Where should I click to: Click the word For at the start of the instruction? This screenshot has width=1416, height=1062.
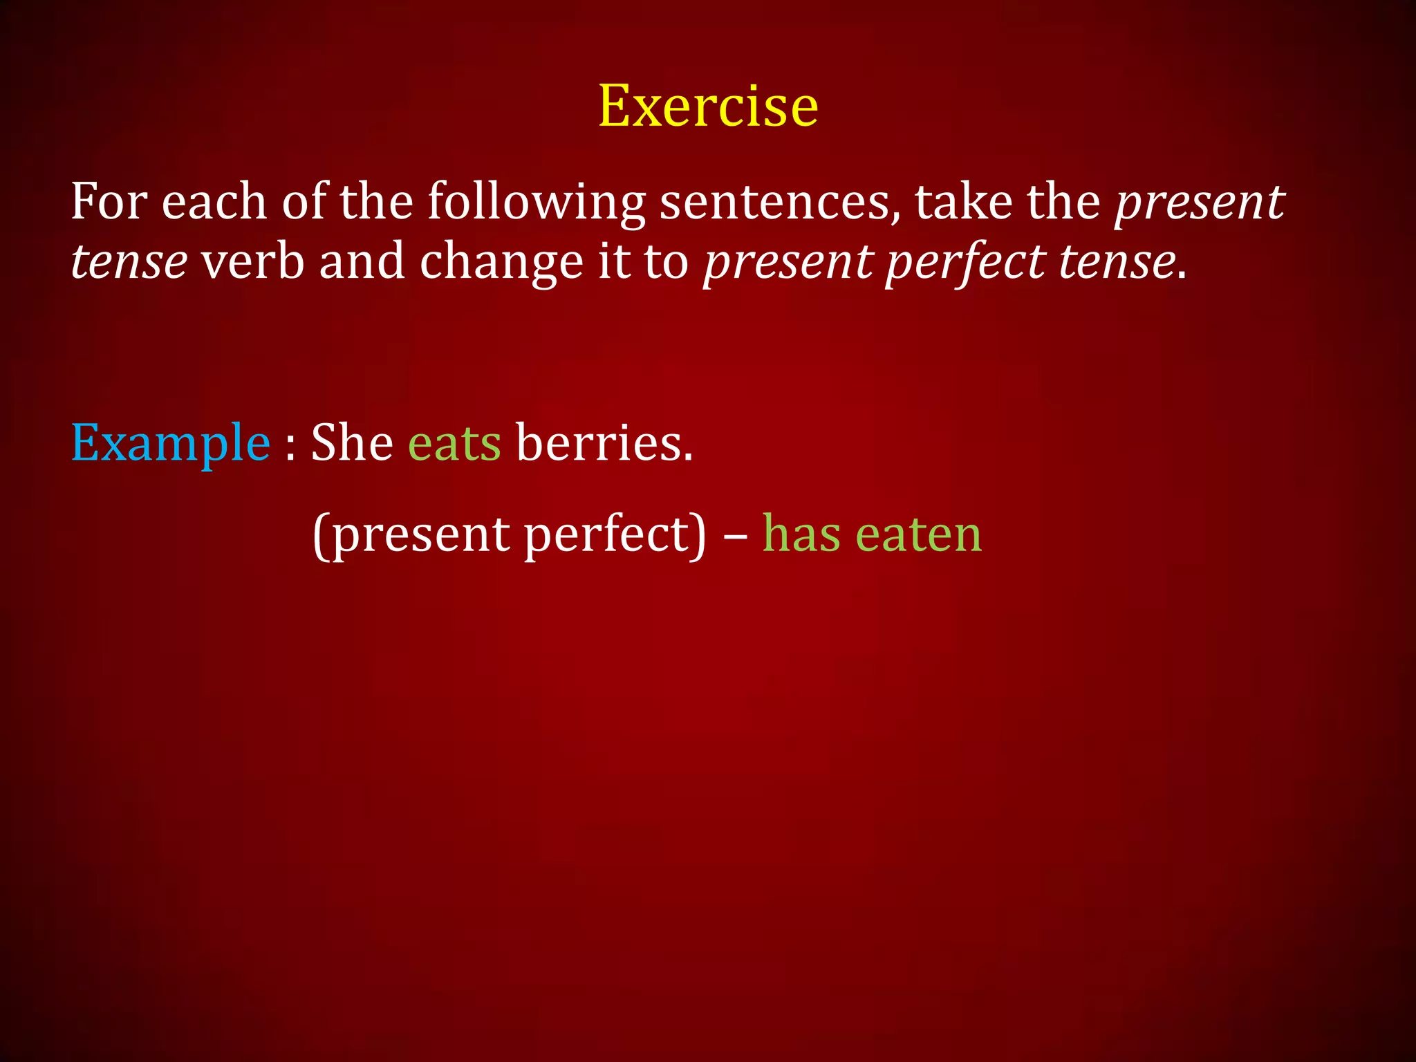click(x=109, y=201)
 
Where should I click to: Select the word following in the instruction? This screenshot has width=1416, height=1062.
click(x=536, y=203)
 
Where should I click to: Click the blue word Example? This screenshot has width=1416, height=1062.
click(x=170, y=443)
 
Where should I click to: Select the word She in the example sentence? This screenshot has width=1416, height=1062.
click(x=352, y=442)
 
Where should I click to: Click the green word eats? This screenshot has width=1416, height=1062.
click(x=454, y=443)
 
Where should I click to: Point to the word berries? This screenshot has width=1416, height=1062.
click(x=604, y=442)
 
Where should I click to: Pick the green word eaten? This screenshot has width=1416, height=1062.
click(x=919, y=534)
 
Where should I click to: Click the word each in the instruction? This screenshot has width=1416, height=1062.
click(x=214, y=201)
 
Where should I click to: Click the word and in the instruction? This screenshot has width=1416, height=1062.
click(x=362, y=261)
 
